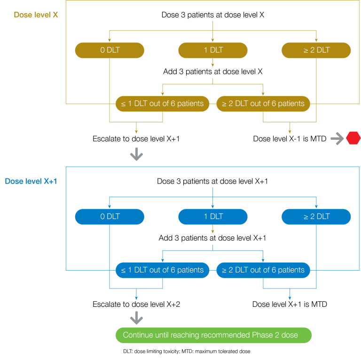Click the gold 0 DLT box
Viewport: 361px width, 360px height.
(110, 50)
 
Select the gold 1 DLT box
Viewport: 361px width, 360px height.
(213, 50)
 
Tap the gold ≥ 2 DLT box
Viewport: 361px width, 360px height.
(316, 50)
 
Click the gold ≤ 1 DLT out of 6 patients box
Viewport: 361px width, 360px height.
(162, 104)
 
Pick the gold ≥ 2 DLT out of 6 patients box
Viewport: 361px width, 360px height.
(263, 104)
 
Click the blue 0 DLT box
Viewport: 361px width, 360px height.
(110, 216)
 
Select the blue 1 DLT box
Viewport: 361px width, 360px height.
(213, 216)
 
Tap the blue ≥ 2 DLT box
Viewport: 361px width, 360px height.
(316, 216)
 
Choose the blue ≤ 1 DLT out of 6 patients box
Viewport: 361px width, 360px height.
(162, 270)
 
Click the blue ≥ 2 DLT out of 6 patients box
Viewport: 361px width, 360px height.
(263, 270)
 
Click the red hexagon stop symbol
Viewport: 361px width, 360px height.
(353, 138)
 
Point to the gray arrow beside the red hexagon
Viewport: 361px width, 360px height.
(337, 138)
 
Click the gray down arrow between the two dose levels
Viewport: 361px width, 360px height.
(136, 154)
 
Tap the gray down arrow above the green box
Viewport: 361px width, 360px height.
(136, 318)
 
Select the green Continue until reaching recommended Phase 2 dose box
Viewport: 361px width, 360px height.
(213, 336)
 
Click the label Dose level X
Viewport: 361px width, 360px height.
(36, 15)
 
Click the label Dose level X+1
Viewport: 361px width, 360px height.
(31, 181)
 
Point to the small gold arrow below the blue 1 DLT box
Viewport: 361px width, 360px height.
(213, 229)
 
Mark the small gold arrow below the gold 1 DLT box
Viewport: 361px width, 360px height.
(213, 63)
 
